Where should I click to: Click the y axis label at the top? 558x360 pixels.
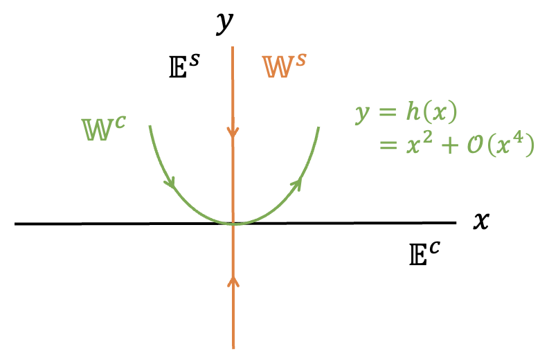(222, 22)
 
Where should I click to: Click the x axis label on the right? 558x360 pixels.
(481, 220)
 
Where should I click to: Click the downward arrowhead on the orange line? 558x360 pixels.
(233, 132)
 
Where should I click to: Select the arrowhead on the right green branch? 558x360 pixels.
(298, 182)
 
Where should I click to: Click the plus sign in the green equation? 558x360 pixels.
(449, 147)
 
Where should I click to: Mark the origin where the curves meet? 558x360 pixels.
(234, 223)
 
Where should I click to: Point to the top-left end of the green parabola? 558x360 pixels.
(149, 127)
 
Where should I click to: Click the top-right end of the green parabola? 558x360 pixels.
(318, 127)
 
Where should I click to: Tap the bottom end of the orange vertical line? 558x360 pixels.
(233, 347)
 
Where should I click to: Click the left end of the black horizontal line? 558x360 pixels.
(15, 224)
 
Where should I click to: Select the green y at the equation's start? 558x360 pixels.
(362, 114)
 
